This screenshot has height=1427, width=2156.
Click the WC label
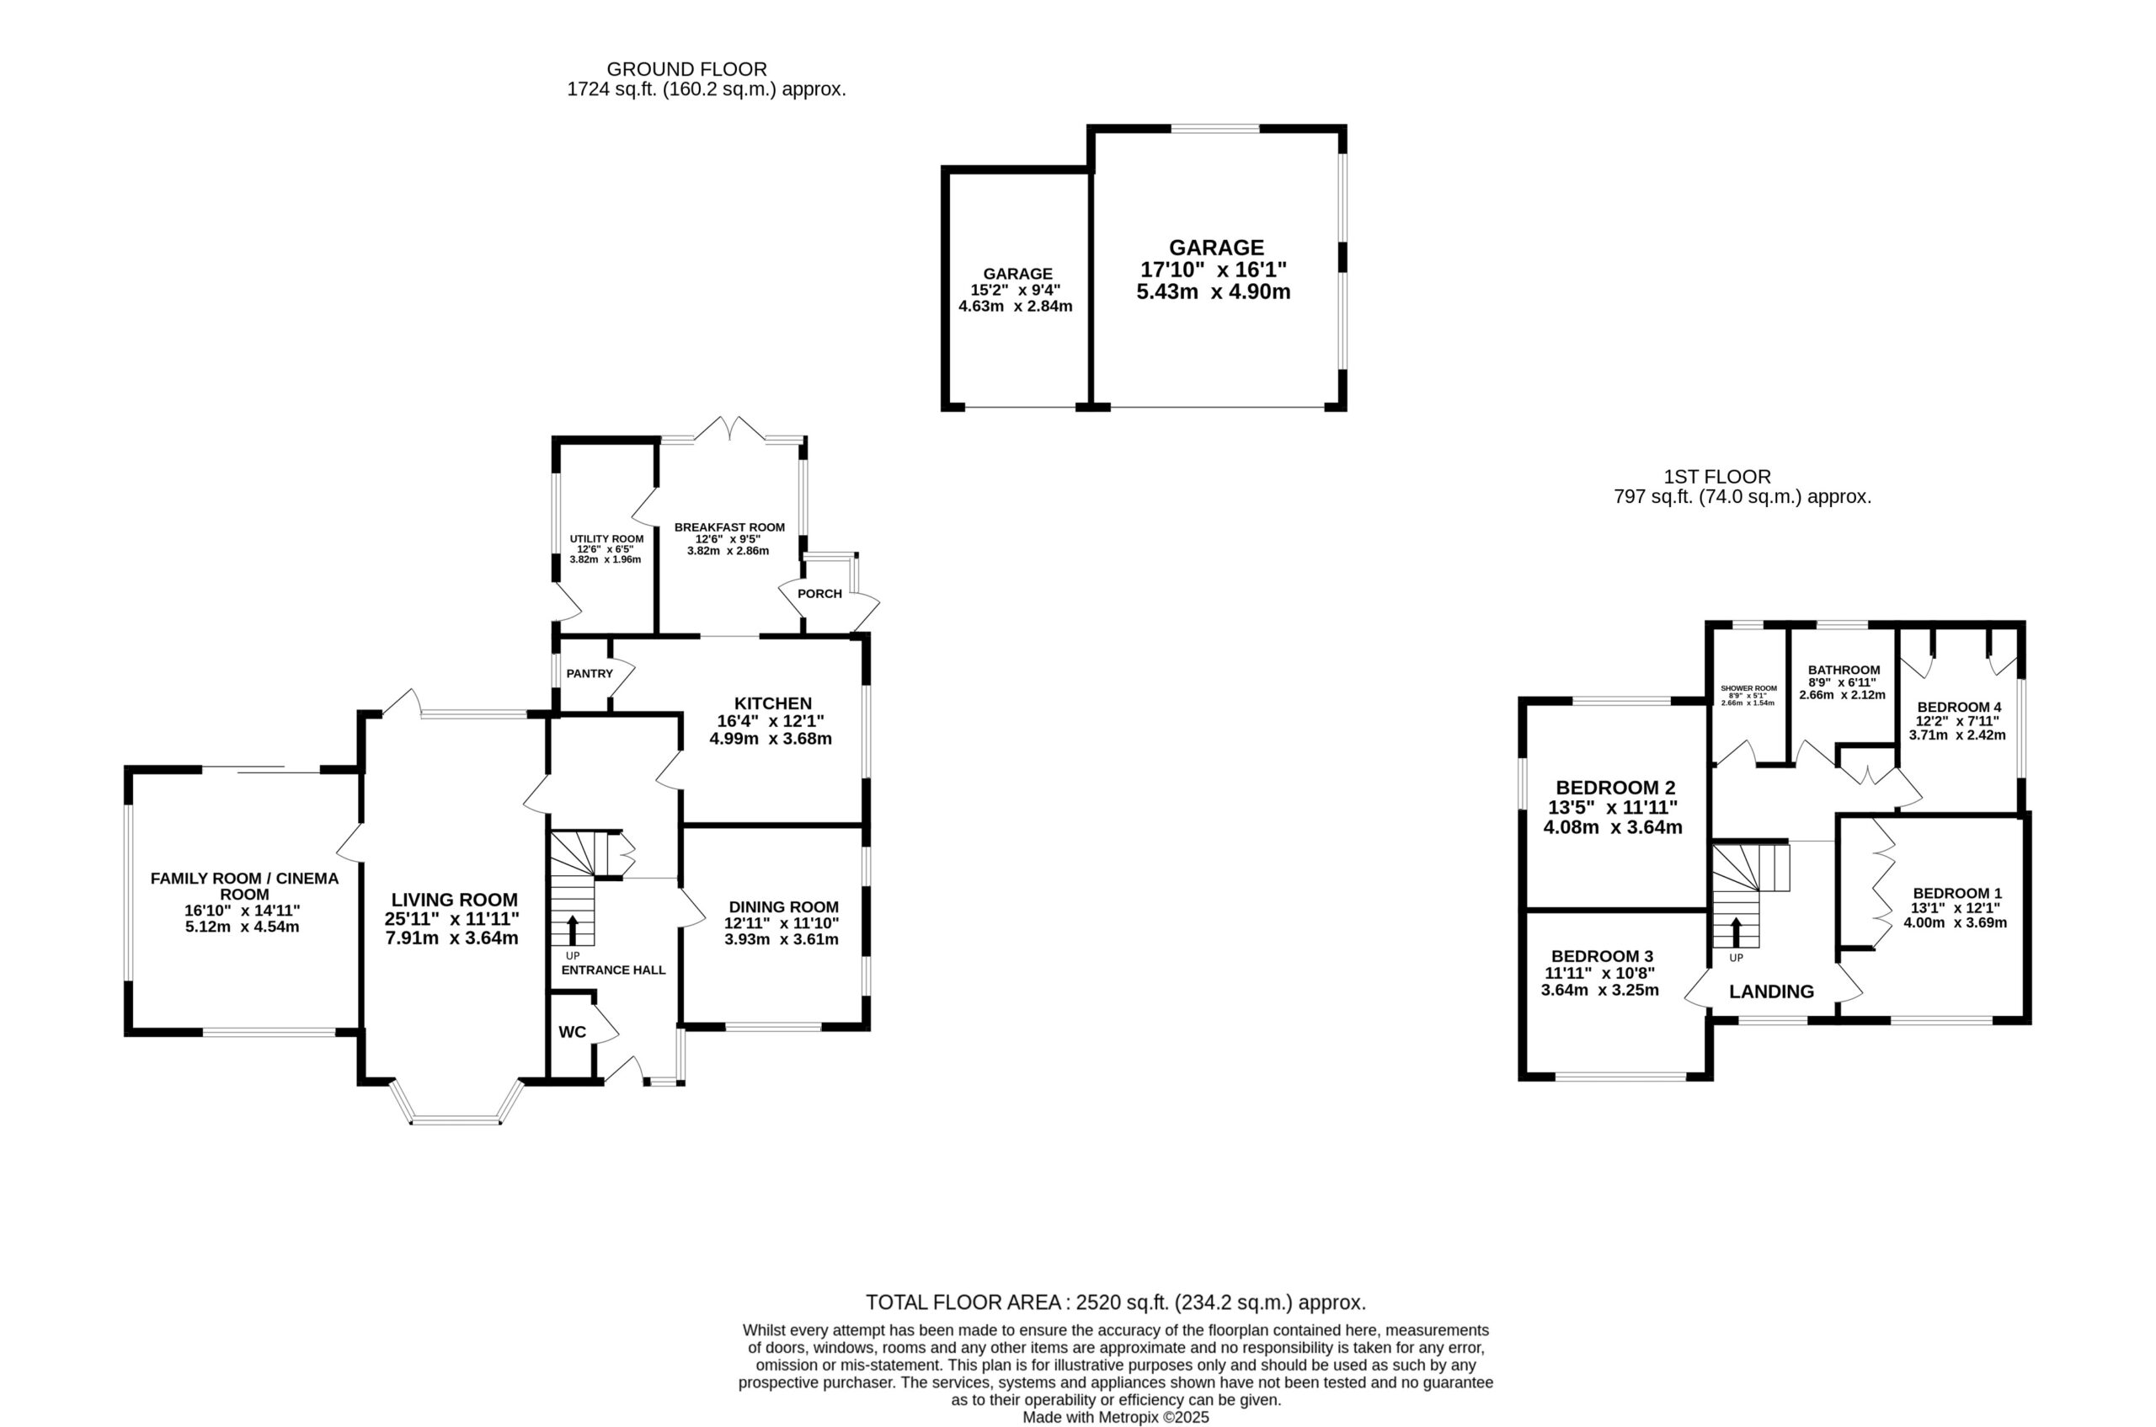[572, 1032]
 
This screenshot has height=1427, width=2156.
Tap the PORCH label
[819, 593]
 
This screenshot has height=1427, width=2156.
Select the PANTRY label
[590, 673]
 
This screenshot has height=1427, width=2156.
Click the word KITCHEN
[772, 703]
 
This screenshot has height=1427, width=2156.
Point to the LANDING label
[1771, 992]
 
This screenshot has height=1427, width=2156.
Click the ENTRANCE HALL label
[613, 970]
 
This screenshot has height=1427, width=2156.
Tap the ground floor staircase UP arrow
[572, 929]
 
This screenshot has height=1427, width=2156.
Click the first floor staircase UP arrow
[1736, 932]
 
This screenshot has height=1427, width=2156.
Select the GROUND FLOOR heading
[687, 69]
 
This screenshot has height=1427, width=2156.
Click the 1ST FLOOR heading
[1717, 476]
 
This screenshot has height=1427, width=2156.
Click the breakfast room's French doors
[731, 430]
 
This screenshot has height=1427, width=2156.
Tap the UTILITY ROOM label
[606, 539]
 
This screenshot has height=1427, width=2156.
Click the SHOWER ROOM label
[1748, 688]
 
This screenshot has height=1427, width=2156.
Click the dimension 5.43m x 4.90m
[1214, 292]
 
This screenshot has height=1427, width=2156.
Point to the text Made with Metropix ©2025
[1116, 1417]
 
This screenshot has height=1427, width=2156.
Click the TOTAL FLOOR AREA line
[1115, 1302]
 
